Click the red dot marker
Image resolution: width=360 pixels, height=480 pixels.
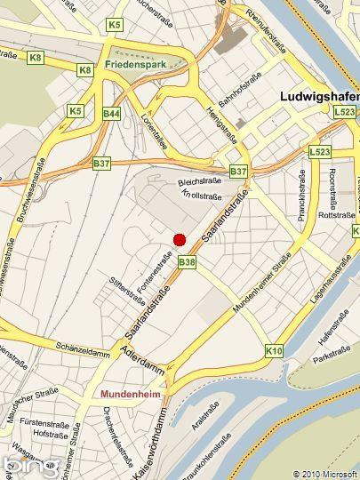click(179, 239)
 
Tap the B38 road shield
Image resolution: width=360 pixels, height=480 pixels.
click(186, 262)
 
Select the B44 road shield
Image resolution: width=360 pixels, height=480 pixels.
click(111, 114)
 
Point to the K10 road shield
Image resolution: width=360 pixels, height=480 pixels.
click(274, 352)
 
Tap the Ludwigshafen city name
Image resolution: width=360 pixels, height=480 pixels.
click(318, 95)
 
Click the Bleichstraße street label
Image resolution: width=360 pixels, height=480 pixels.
click(198, 180)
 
